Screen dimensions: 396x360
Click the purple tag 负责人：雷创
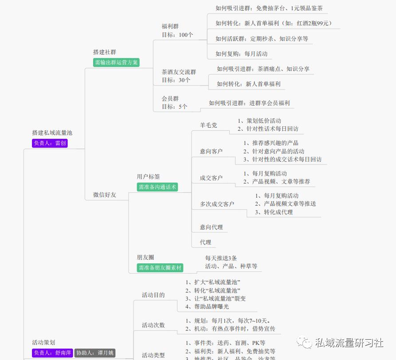[50, 143]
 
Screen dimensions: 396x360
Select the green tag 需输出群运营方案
[117, 63]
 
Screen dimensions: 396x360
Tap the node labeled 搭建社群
[105, 52]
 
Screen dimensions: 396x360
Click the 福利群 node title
[170, 26]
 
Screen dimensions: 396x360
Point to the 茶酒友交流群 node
[179, 72]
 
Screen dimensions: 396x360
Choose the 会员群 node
[170, 98]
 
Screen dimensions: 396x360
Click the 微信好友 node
[105, 195]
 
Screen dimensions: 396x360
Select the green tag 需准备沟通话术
[157, 187]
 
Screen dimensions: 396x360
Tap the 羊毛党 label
[208, 125]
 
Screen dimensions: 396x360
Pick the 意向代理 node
[211, 227]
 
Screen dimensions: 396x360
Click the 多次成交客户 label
[217, 204]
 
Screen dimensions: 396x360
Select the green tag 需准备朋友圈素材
[160, 268]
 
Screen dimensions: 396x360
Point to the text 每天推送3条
[221, 258]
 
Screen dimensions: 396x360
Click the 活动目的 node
[153, 295]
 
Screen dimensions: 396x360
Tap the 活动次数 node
[153, 325]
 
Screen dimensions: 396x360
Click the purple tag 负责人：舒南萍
[52, 353]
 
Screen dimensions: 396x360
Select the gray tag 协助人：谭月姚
[95, 353]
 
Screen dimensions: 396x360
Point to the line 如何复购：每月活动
[241, 54]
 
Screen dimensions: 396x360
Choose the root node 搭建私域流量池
[52, 133]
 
